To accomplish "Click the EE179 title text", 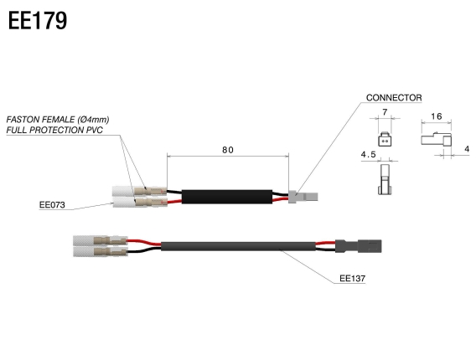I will click(38, 21).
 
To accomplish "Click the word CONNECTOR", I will click(394, 98).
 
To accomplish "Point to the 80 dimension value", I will click(228, 150).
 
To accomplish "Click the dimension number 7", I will click(384, 113).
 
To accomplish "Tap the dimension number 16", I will click(437, 117).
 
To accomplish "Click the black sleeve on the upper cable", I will click(226, 197).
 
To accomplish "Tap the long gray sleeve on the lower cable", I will click(239, 248).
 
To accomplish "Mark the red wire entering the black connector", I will click(328, 245).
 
